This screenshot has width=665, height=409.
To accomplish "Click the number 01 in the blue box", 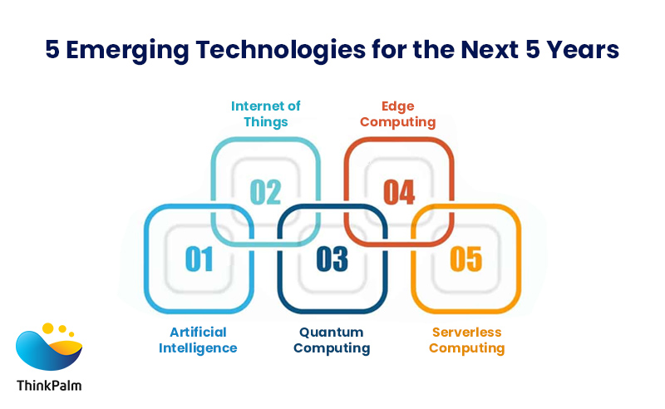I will pos(199,259).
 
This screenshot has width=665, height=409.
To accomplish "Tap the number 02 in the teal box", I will pos(266,191).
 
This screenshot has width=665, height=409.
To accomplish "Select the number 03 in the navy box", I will pos(332,259).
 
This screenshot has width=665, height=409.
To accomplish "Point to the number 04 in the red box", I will pos(399,191).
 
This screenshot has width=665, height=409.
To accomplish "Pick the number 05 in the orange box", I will pos(465,259).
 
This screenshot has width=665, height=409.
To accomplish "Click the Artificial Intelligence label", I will pos(199,340).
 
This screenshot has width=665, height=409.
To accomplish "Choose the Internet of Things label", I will pos(266,114).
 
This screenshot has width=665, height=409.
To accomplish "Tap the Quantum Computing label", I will pos(332,340).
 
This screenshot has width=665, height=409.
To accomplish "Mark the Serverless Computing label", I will pos(466,340).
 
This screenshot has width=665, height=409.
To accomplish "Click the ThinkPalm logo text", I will pos(49,385).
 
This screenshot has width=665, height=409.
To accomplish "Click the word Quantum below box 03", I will pos(332,333).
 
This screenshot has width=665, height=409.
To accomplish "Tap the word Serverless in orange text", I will pos(466,333).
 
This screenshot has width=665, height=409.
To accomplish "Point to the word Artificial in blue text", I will pos(199,333).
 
